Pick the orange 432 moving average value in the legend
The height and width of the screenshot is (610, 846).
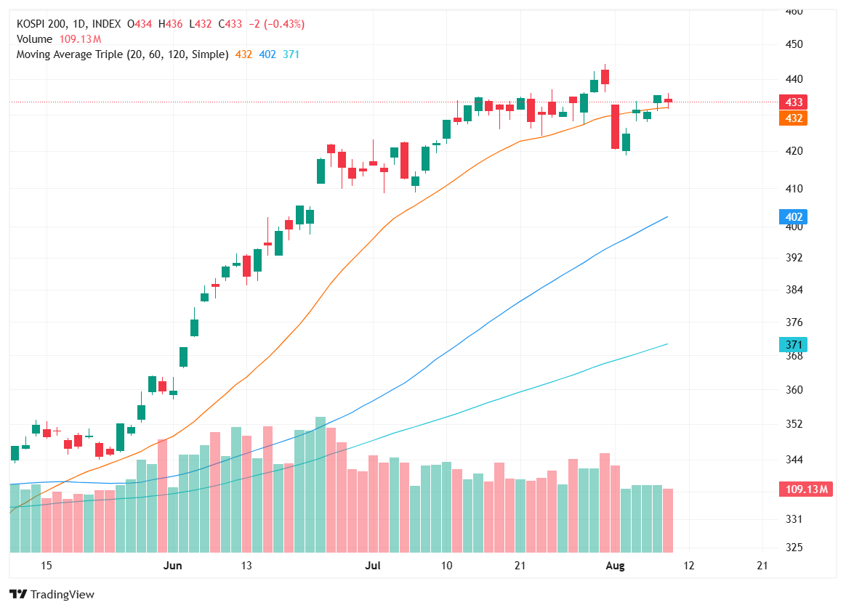(x=243, y=54)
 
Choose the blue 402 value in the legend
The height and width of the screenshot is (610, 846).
(x=267, y=54)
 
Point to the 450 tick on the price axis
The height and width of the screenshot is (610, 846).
(x=794, y=44)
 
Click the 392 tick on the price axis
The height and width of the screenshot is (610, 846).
(x=794, y=257)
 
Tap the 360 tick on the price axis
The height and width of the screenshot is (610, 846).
(x=794, y=390)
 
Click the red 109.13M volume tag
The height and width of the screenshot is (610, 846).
(x=805, y=489)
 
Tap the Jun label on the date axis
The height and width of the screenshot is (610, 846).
(x=173, y=566)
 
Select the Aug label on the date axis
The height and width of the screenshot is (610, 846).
(x=615, y=566)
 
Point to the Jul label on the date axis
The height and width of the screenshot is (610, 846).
(x=373, y=566)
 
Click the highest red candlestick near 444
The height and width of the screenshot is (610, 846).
(x=605, y=77)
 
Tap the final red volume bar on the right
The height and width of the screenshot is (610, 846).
(x=668, y=520)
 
